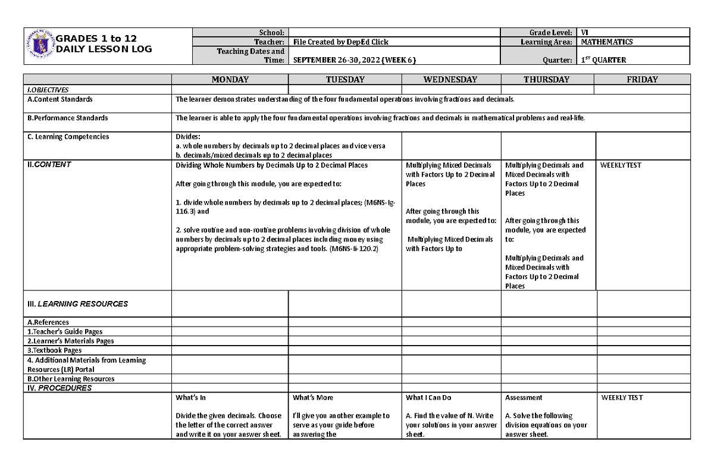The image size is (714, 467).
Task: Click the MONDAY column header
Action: point(230,80)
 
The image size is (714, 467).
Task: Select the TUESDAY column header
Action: point(345,80)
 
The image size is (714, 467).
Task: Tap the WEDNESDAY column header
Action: point(450,80)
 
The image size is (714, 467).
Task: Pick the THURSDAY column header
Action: point(546,80)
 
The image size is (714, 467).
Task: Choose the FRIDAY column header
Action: point(643,80)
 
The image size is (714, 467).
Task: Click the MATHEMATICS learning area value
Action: point(607,42)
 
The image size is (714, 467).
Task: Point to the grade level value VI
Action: point(584,33)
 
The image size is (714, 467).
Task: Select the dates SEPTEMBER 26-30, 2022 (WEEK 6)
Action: point(354,60)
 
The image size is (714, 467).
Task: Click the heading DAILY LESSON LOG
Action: point(104,49)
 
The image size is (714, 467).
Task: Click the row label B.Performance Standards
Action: point(67,118)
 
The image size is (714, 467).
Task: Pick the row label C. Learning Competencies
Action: point(68,137)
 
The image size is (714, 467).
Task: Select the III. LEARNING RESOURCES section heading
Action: point(78,304)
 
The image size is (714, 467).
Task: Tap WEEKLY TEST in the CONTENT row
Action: point(621,165)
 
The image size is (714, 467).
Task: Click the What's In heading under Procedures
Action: point(190,397)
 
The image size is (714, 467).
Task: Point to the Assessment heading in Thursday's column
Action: point(524,397)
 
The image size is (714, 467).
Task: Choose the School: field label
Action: point(272,33)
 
